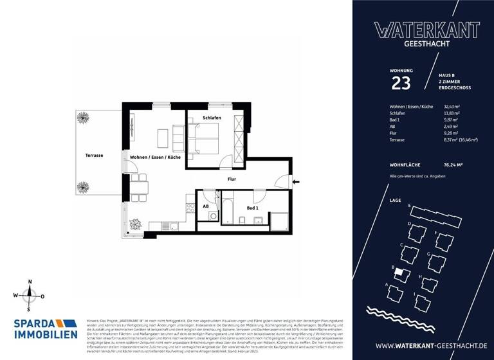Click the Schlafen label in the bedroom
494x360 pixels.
coord(212,118)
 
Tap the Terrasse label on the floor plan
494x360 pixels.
coord(94,156)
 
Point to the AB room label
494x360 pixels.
coord(206,206)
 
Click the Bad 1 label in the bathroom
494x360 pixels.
coord(253,208)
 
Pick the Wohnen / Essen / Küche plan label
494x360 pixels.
coord(155,157)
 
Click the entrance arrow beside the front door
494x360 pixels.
coord(295,182)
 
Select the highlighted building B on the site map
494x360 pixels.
coord(400,273)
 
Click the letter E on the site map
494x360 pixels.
coord(409,205)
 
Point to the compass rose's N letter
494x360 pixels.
coord(29,282)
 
